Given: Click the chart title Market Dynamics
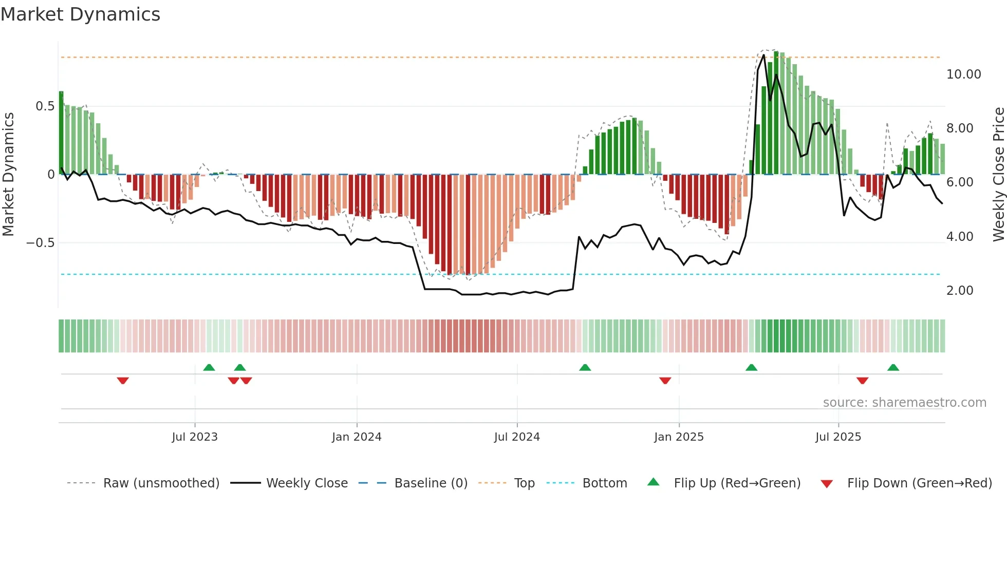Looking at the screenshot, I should [81, 14].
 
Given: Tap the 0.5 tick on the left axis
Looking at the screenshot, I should [45, 106].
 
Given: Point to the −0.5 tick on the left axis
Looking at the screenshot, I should [41, 243].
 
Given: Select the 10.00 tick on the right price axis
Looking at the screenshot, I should [963, 74].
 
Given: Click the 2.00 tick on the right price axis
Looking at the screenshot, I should [959, 291].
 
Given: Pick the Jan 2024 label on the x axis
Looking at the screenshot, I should [357, 437].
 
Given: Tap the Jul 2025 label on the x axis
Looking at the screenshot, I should [838, 437].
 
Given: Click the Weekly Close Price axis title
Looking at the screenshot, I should [998, 175].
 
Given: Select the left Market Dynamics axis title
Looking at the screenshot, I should [8, 175].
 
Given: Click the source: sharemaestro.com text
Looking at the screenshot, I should [904, 403].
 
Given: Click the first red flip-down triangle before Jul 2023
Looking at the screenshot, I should [123, 381].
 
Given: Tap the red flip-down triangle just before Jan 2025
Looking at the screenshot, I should [665, 381].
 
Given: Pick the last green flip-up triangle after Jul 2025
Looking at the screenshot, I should [893, 368].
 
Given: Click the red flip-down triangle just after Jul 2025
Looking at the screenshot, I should [862, 381].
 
